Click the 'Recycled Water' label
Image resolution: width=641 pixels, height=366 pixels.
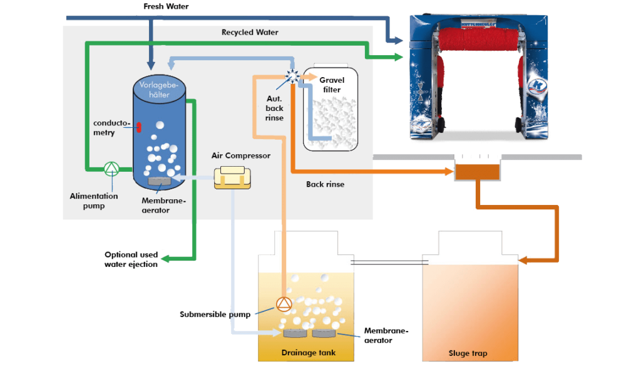[x=250, y=32]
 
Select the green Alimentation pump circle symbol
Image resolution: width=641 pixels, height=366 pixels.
[x=111, y=168]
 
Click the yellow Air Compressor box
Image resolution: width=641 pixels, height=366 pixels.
[x=232, y=178]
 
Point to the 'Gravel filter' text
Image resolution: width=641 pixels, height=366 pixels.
[x=331, y=85]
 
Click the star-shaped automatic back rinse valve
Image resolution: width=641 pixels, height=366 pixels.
[x=292, y=76]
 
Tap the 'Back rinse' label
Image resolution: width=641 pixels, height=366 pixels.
[x=325, y=184]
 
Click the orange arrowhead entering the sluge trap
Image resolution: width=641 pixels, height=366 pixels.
[x=523, y=259]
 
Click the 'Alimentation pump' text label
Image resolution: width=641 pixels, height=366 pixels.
[x=93, y=200]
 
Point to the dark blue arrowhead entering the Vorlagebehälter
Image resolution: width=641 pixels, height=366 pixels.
[x=150, y=65]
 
